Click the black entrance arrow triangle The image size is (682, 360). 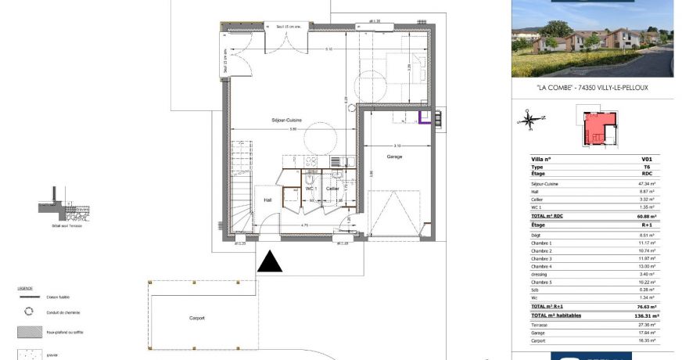coord(270,261)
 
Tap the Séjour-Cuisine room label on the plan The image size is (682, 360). coord(286,120)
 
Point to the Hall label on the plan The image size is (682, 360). coord(267,200)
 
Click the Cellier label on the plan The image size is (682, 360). coord(332,189)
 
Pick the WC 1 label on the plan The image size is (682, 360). coord(310,189)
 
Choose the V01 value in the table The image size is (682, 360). coord(646,159)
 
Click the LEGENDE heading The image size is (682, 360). coord(25,289)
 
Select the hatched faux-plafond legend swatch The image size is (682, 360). coord(31,332)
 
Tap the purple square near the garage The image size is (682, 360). coord(425,119)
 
